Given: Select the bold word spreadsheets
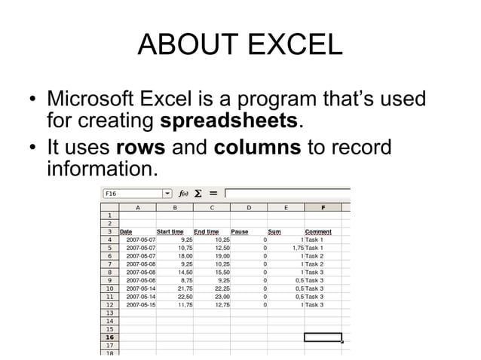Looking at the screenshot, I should coord(231,121).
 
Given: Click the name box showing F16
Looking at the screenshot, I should coord(133,194).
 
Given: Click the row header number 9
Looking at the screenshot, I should coord(109,279).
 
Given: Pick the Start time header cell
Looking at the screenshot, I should coord(170,231).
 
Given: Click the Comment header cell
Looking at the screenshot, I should coord(318,231).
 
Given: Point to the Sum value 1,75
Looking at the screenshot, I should coord(295,247).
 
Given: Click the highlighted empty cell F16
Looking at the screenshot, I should coord(323,337).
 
